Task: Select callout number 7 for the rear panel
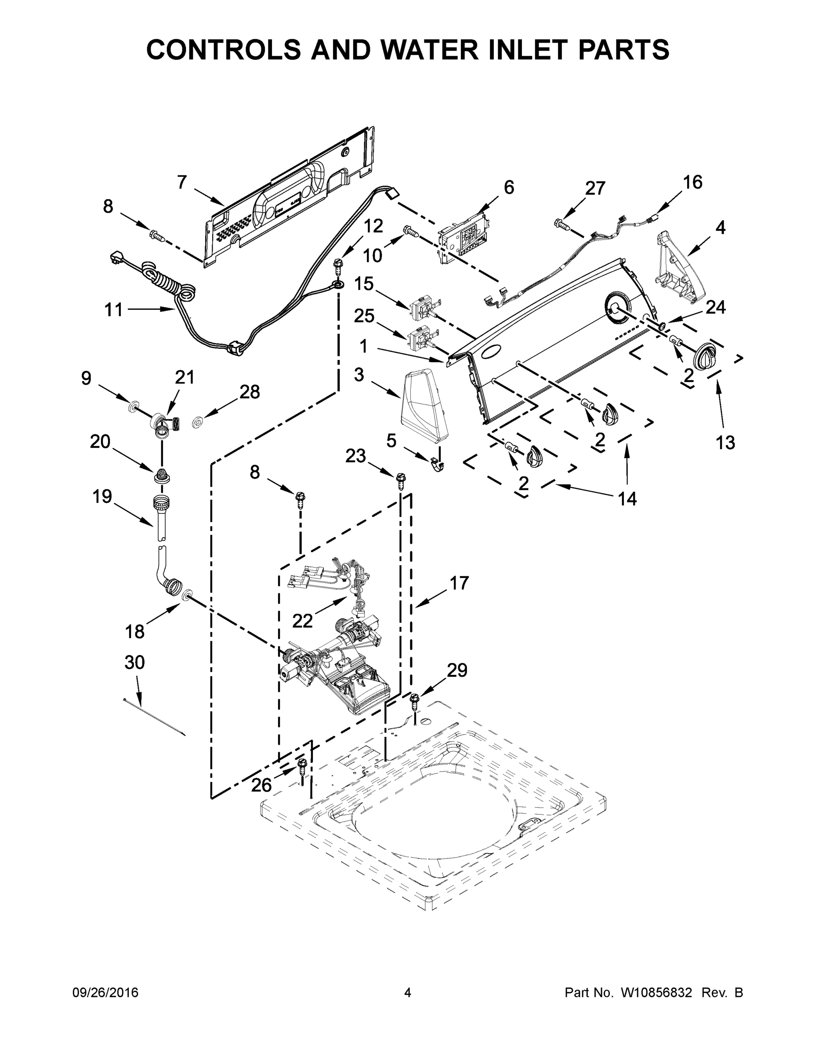click(x=181, y=182)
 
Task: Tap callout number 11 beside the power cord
click(x=114, y=309)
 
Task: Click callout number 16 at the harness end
click(x=692, y=182)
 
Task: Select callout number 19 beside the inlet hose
click(x=102, y=496)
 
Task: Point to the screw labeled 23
click(x=400, y=480)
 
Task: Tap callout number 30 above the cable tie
click(x=135, y=662)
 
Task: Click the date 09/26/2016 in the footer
click(x=105, y=993)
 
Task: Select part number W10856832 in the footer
click(x=657, y=993)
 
